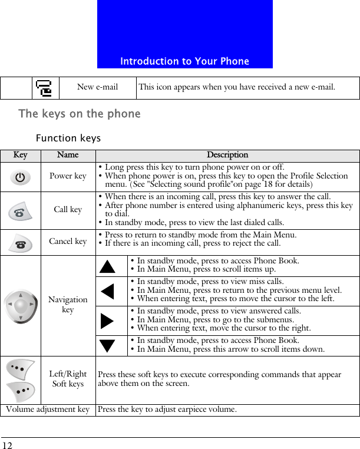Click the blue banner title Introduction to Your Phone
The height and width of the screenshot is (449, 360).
(x=184, y=61)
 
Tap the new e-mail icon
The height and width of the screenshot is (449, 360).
(x=44, y=88)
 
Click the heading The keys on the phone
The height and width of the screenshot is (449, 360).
(x=80, y=114)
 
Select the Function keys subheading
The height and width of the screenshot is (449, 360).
(x=68, y=138)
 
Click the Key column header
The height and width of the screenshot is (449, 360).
(x=21, y=156)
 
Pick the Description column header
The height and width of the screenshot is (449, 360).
(x=227, y=156)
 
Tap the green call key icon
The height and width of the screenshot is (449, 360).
(x=21, y=210)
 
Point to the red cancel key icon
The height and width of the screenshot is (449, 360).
(x=21, y=242)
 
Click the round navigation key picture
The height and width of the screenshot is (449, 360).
(x=21, y=306)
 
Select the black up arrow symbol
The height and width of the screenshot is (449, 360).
(x=107, y=266)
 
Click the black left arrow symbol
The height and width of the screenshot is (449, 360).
(x=107, y=291)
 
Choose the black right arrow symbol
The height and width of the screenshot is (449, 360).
(x=107, y=321)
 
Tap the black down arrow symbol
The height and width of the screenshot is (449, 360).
(x=107, y=346)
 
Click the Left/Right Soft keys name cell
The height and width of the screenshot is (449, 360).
(x=68, y=379)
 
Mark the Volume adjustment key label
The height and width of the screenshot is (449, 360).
(x=48, y=410)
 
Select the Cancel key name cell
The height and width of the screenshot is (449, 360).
(x=68, y=241)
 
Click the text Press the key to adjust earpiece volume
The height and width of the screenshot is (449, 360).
(x=167, y=410)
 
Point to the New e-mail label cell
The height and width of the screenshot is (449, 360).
(x=97, y=87)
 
